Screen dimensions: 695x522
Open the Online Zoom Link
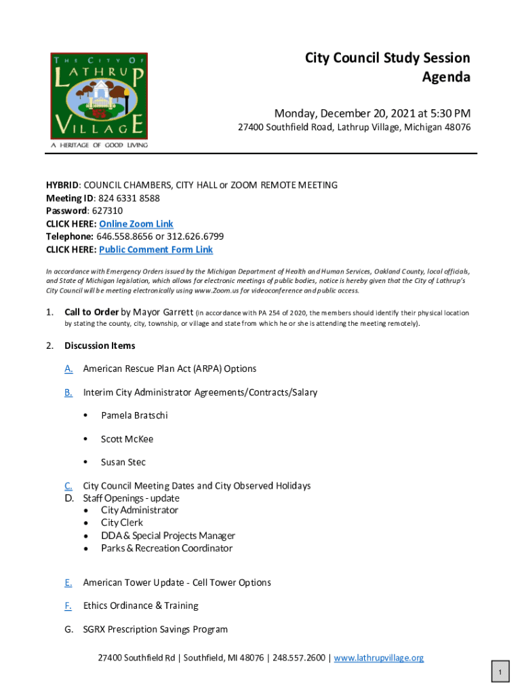click(136, 224)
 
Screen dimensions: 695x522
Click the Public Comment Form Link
click(156, 250)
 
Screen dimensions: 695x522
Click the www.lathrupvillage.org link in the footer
click(378, 658)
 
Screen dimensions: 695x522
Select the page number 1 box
click(500, 673)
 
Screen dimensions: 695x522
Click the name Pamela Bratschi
click(134, 415)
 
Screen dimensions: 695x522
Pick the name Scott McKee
click(127, 439)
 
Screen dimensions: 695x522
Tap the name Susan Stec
click(123, 462)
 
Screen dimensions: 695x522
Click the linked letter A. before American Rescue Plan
click(68, 369)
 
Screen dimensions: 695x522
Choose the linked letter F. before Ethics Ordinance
click(68, 606)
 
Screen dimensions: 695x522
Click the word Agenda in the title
click(445, 77)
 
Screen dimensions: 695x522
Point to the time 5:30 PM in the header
click(447, 113)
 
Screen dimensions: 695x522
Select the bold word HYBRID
click(62, 185)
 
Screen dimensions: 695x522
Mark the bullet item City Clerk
click(122, 523)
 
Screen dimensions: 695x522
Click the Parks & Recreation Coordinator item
click(167, 548)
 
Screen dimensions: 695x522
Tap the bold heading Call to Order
click(91, 313)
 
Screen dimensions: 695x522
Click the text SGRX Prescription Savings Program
click(155, 630)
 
